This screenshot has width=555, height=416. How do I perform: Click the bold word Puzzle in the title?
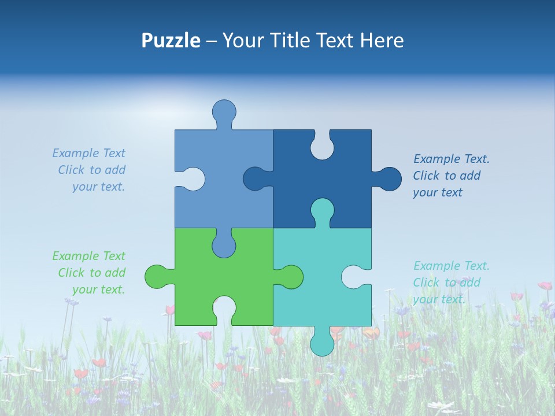(171, 40)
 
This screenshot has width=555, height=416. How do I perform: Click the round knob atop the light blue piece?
(224, 112)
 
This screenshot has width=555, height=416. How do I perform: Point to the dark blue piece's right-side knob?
(388, 179)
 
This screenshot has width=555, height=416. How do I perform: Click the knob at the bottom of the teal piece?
(322, 343)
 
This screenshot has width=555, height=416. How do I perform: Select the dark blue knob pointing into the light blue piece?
(255, 179)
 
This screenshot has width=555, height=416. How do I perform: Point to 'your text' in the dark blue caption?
(438, 192)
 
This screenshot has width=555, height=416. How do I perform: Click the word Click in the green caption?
(71, 273)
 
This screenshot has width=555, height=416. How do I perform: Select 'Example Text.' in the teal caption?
(452, 266)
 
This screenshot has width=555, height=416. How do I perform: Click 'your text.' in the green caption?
(99, 289)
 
